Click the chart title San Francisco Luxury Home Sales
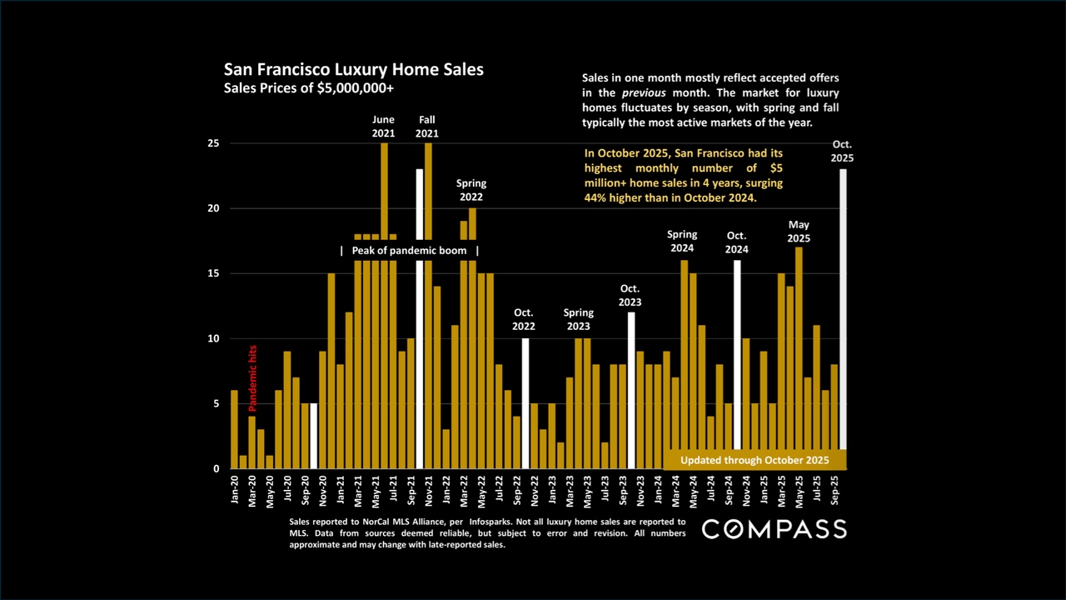[x=352, y=70]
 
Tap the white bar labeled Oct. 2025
[x=843, y=308]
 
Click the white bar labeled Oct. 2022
[x=526, y=403]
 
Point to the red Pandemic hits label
[x=253, y=378]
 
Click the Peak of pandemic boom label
[x=409, y=251]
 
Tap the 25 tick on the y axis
[x=213, y=143]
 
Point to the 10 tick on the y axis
[x=213, y=338]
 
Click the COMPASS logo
[x=774, y=529]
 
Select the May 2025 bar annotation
[x=799, y=232]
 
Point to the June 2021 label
[x=384, y=127]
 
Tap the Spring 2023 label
[x=578, y=320]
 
